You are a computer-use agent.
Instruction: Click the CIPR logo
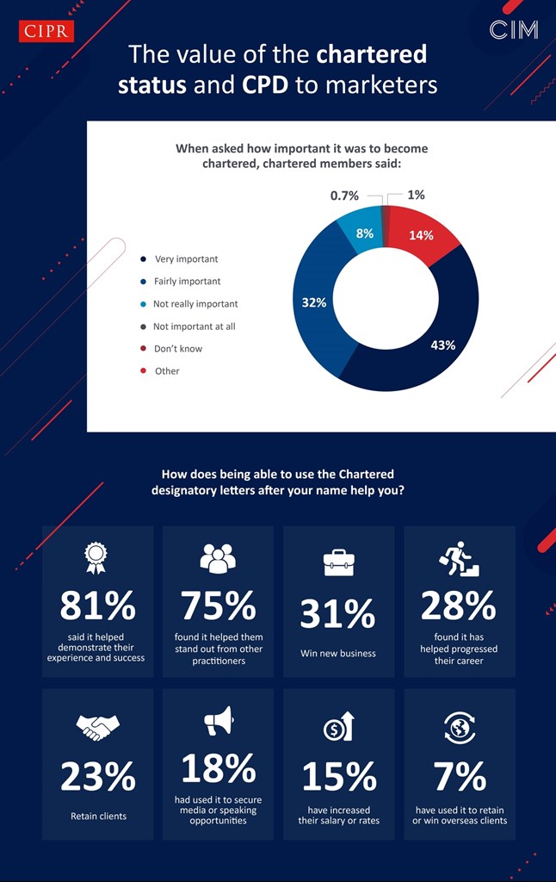pyautogui.click(x=46, y=32)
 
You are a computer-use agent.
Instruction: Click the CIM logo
pyautogui.click(x=514, y=30)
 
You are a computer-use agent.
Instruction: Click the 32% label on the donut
pyautogui.click(x=313, y=303)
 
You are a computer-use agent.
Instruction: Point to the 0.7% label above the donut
pyautogui.click(x=344, y=196)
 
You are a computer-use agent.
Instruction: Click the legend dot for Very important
pyautogui.click(x=143, y=259)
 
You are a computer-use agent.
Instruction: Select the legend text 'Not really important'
pyautogui.click(x=195, y=304)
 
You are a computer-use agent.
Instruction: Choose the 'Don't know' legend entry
pyautogui.click(x=178, y=349)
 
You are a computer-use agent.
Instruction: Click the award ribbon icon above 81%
pyautogui.click(x=96, y=558)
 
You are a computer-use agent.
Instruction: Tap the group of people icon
pyautogui.click(x=217, y=559)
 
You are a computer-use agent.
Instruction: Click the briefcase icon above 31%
pyautogui.click(x=337, y=562)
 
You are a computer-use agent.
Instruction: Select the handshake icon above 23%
pyautogui.click(x=97, y=729)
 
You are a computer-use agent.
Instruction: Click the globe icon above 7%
pyautogui.click(x=459, y=728)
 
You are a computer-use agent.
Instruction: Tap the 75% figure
pyautogui.click(x=218, y=606)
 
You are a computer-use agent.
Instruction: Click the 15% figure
pyautogui.click(x=338, y=777)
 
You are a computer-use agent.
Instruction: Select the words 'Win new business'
pyautogui.click(x=338, y=654)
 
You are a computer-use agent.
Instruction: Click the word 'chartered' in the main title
pyautogui.click(x=372, y=55)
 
